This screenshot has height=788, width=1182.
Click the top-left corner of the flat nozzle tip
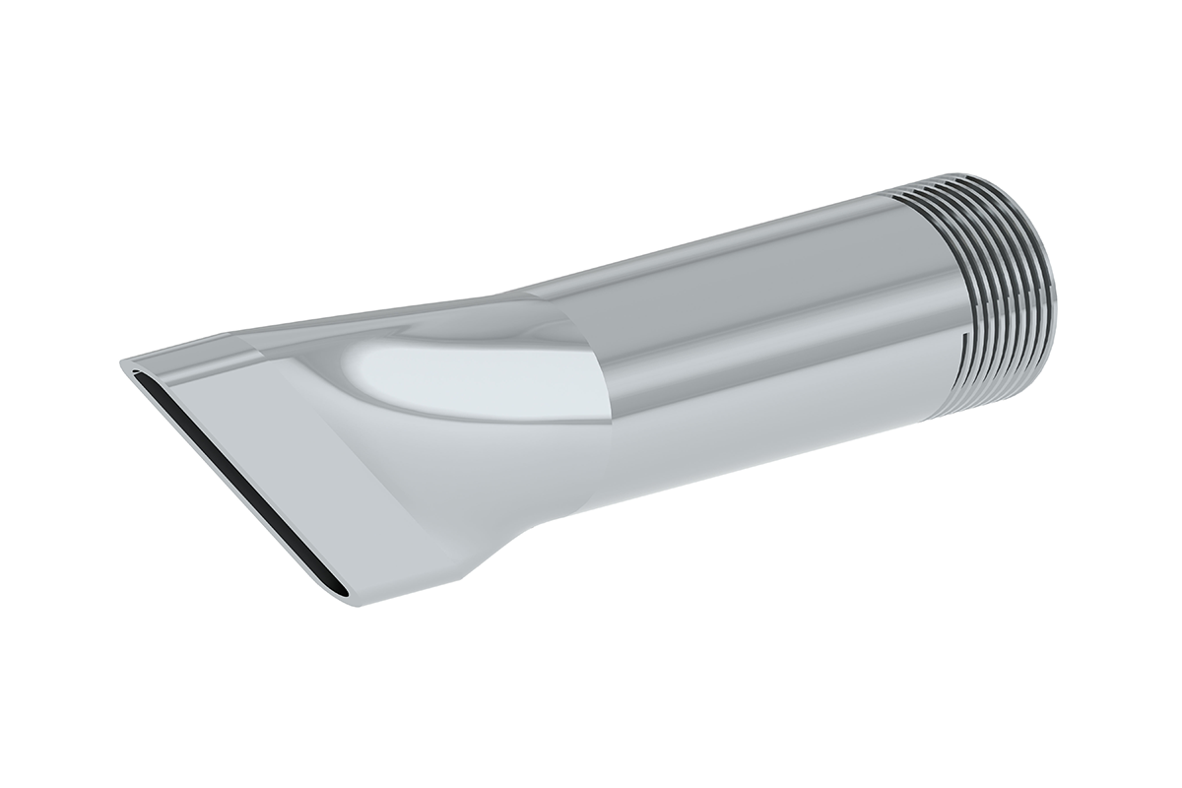point(123,362)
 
